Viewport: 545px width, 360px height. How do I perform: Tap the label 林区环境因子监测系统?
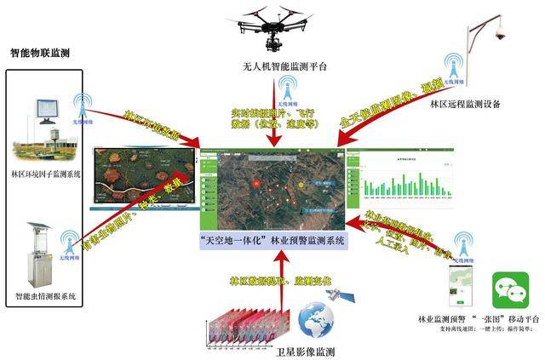[46, 174]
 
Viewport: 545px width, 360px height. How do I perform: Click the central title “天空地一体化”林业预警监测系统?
[271, 241]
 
